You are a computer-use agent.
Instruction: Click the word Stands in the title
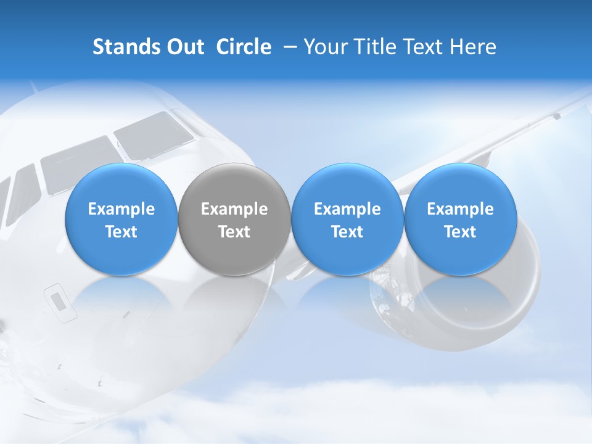[126, 47]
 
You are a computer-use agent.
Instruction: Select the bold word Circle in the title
[244, 47]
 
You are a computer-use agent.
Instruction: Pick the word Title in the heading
[376, 47]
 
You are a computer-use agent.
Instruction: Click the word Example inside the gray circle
[234, 209]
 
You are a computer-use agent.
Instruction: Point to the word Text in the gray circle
[234, 232]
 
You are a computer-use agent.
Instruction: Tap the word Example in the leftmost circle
[121, 209]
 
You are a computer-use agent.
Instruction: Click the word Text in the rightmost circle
[460, 232]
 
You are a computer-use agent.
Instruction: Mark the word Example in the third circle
[347, 209]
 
